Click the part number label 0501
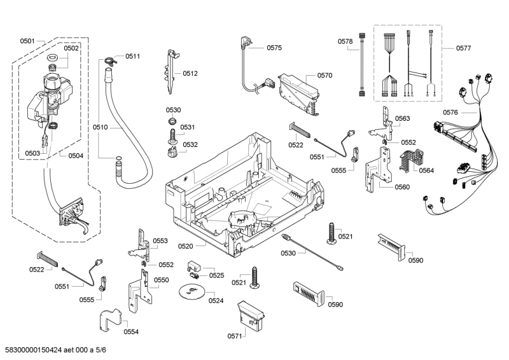coord(27,41)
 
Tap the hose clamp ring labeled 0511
coord(110,61)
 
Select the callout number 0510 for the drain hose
coord(100,128)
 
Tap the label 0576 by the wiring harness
coord(450,113)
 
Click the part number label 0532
coord(190,145)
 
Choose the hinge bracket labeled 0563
coord(384,121)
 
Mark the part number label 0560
coord(402,187)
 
